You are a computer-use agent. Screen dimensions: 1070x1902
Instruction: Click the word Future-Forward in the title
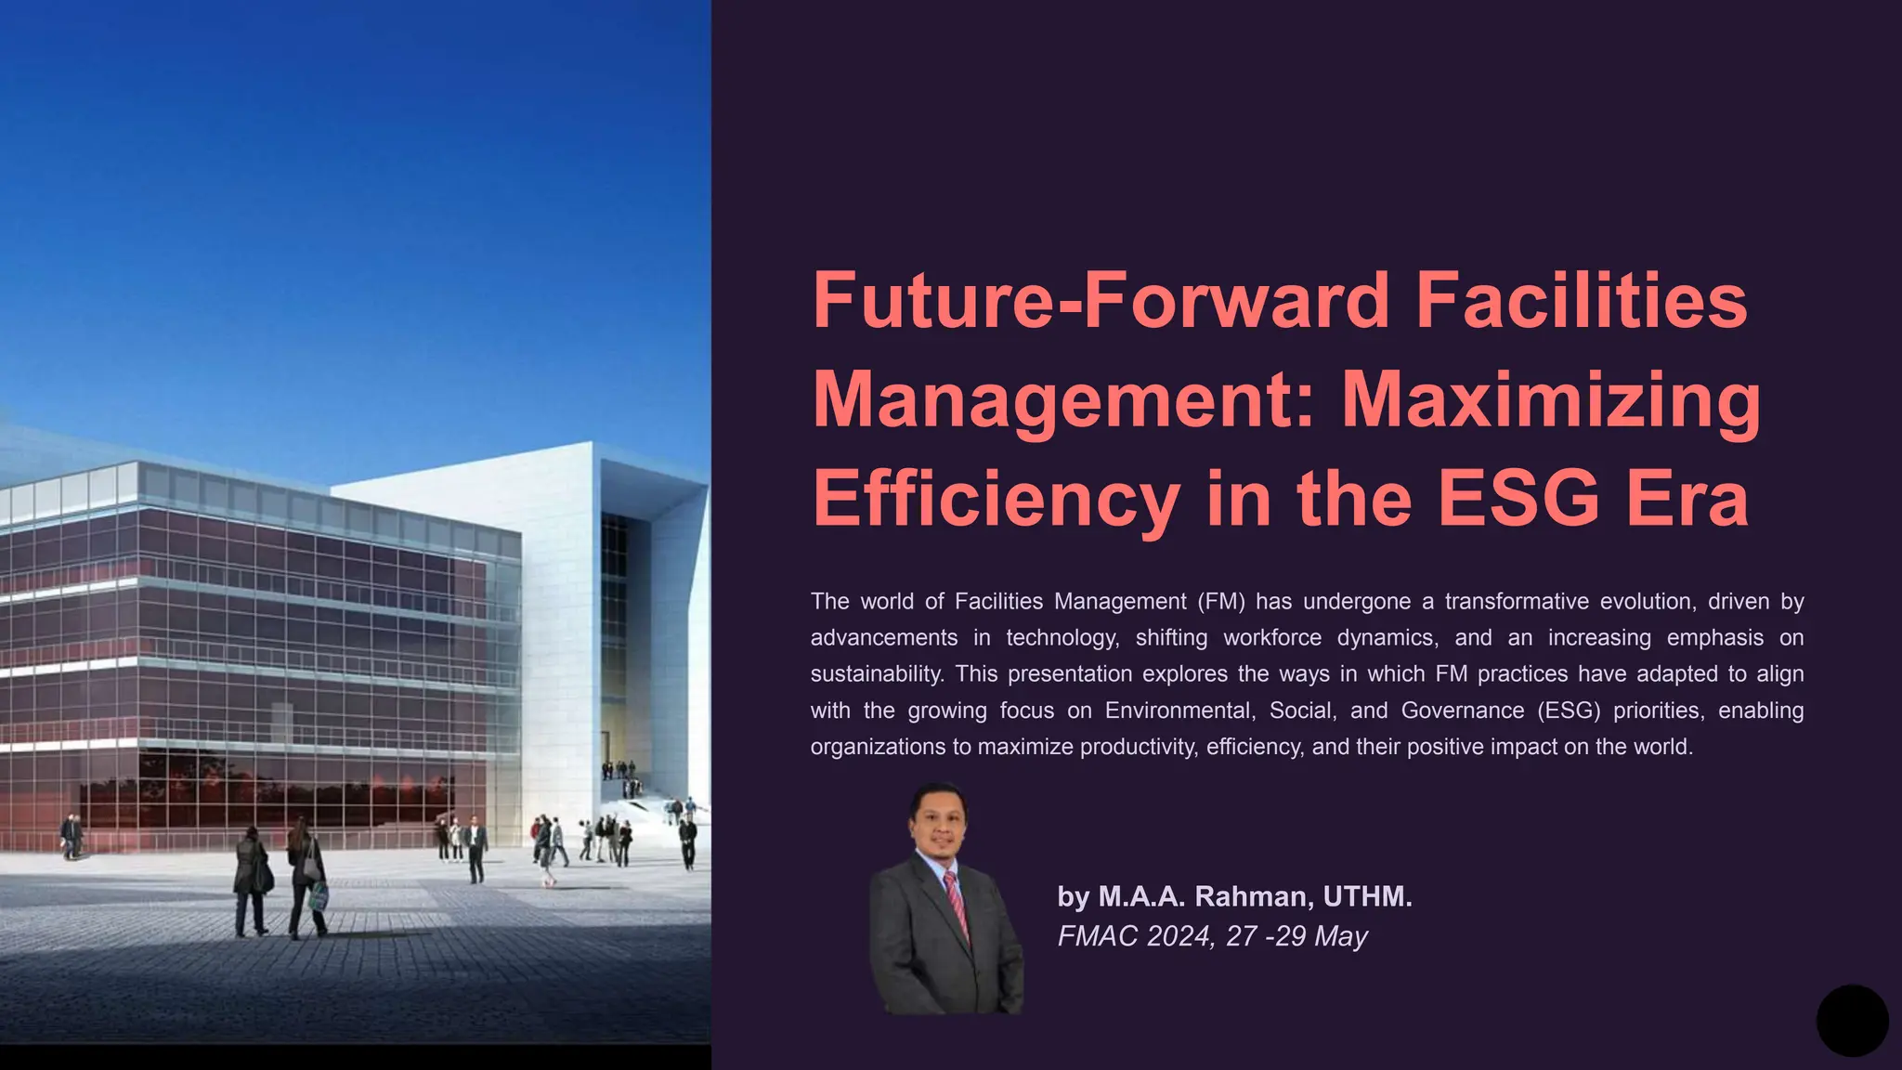tap(1101, 300)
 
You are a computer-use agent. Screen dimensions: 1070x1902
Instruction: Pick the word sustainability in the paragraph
tap(877, 674)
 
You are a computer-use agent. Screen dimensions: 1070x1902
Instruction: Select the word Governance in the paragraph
tap(1463, 711)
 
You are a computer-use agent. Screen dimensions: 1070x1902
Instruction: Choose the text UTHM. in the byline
tap(1367, 896)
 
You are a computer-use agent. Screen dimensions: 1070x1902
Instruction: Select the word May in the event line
tap(1341, 936)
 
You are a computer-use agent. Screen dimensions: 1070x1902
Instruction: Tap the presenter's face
tap(939, 822)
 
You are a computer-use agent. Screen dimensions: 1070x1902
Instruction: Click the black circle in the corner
tap(1852, 1021)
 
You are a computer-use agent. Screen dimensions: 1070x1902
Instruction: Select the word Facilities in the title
tap(1582, 300)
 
